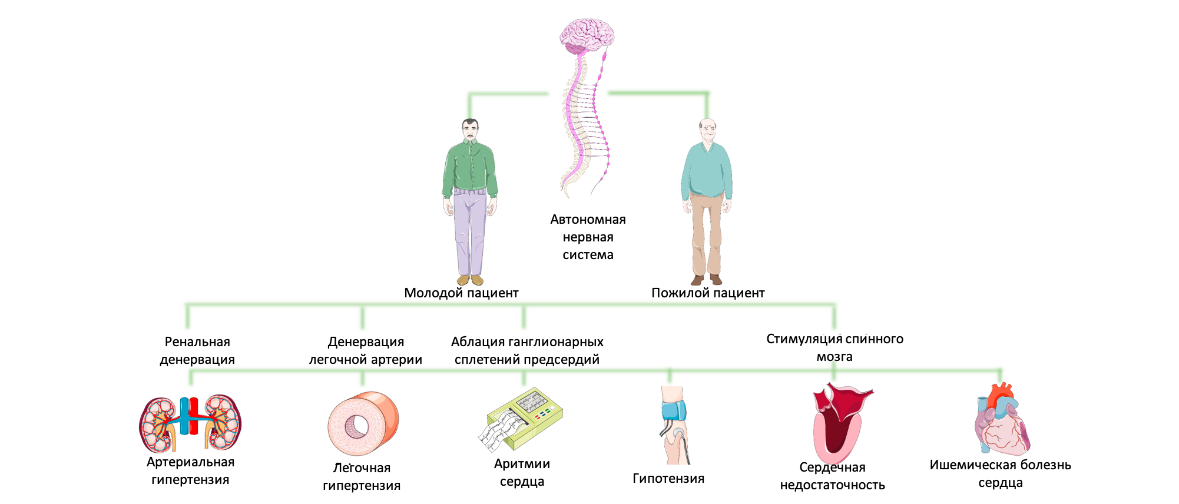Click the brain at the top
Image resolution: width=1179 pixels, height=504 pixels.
(587, 35)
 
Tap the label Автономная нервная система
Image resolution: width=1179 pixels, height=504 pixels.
(588, 237)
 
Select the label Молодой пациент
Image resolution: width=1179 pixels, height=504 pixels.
(461, 293)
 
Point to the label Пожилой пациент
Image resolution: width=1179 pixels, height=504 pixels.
(707, 293)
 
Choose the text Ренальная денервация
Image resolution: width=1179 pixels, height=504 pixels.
(197, 350)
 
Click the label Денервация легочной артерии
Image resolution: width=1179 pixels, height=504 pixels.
(366, 350)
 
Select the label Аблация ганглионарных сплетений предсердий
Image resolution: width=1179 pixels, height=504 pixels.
(527, 350)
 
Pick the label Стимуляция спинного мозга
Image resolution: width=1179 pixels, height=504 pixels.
(834, 347)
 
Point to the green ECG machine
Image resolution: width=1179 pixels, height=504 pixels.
(522, 418)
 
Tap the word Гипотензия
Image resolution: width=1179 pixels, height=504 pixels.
(668, 478)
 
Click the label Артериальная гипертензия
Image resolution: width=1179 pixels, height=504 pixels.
(190, 470)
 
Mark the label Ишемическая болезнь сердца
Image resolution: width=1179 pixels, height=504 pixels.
(1000, 473)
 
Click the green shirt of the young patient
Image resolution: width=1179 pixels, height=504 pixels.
(470, 168)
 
